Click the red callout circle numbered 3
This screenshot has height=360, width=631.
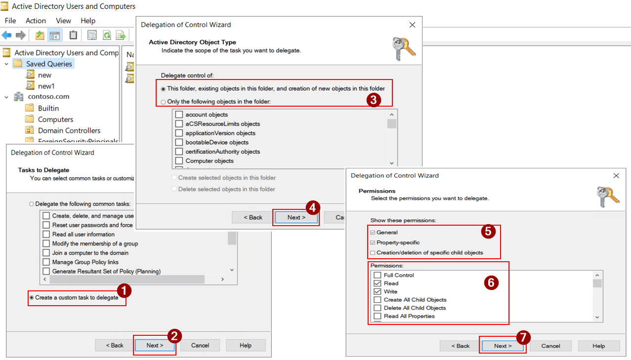[374, 99]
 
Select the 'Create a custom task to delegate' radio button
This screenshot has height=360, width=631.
[32, 298]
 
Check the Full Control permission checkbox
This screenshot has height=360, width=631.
[378, 275]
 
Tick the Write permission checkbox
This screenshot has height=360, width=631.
[378, 291]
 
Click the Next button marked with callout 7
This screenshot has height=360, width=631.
[503, 346]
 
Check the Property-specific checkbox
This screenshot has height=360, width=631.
[372, 242]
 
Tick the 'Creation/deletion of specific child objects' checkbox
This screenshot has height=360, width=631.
[372, 253]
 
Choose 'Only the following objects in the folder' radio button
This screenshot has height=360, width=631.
[163, 102]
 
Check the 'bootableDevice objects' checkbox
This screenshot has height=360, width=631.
[179, 142]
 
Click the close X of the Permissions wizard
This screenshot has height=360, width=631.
[616, 176]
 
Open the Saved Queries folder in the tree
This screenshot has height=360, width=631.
[49, 64]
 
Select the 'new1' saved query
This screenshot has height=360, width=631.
[46, 86]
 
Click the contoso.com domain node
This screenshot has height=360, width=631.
[48, 97]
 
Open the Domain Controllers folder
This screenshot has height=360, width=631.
[69, 130]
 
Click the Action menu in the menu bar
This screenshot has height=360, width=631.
[36, 21]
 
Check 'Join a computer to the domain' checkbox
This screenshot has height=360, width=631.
[46, 253]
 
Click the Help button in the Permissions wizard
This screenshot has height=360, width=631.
[598, 346]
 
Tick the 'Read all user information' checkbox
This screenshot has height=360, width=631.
[46, 234]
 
